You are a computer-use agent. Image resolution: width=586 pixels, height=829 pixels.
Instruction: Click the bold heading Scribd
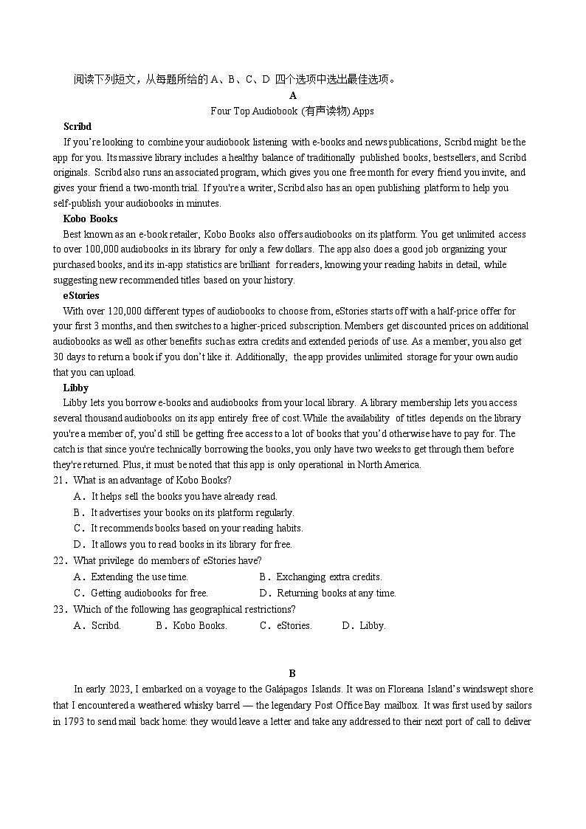77,126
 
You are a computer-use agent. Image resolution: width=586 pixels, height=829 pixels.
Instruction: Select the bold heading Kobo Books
90,219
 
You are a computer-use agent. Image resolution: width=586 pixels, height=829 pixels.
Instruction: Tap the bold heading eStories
81,295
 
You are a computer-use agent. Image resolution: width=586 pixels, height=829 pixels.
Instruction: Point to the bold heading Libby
76,388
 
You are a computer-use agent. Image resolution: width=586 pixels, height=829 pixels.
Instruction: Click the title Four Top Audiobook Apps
292,111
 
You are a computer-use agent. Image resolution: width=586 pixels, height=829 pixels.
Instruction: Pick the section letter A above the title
293,96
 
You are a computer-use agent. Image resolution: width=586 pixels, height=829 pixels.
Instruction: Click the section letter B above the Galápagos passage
292,673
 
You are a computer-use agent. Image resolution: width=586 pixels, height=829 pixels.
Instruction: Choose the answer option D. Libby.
364,626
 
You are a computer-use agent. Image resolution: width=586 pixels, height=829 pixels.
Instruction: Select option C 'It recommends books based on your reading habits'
188,529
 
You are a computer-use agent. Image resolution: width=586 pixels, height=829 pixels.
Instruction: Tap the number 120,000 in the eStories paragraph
113,311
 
